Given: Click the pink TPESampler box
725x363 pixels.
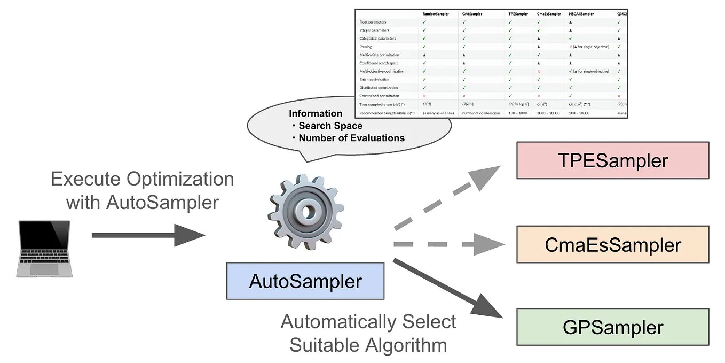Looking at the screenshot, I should [x=612, y=160].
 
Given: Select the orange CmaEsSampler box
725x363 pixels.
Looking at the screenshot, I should [x=612, y=244].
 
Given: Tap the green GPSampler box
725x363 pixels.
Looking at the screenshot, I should [x=612, y=327].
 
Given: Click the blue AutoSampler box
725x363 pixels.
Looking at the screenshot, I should [x=305, y=281].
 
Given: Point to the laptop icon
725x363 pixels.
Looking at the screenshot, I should [x=44, y=248].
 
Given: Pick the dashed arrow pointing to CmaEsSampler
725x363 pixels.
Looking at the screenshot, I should [x=448, y=244].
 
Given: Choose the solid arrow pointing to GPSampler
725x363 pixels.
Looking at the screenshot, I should [x=448, y=289].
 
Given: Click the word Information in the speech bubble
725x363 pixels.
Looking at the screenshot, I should [x=316, y=113].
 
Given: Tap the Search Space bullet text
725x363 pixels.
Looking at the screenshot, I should [x=330, y=126].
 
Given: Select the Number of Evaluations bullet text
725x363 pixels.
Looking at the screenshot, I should [x=351, y=138].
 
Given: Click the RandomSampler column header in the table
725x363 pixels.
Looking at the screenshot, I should [x=436, y=14].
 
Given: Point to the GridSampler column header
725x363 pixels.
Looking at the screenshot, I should [x=472, y=14].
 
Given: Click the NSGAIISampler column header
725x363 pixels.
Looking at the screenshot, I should [x=581, y=14].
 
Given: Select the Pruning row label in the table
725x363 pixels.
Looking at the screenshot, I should [x=366, y=47].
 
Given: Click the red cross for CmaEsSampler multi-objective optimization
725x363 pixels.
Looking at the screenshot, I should [x=539, y=71].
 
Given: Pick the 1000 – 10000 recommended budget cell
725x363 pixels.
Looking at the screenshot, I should [x=548, y=113].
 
